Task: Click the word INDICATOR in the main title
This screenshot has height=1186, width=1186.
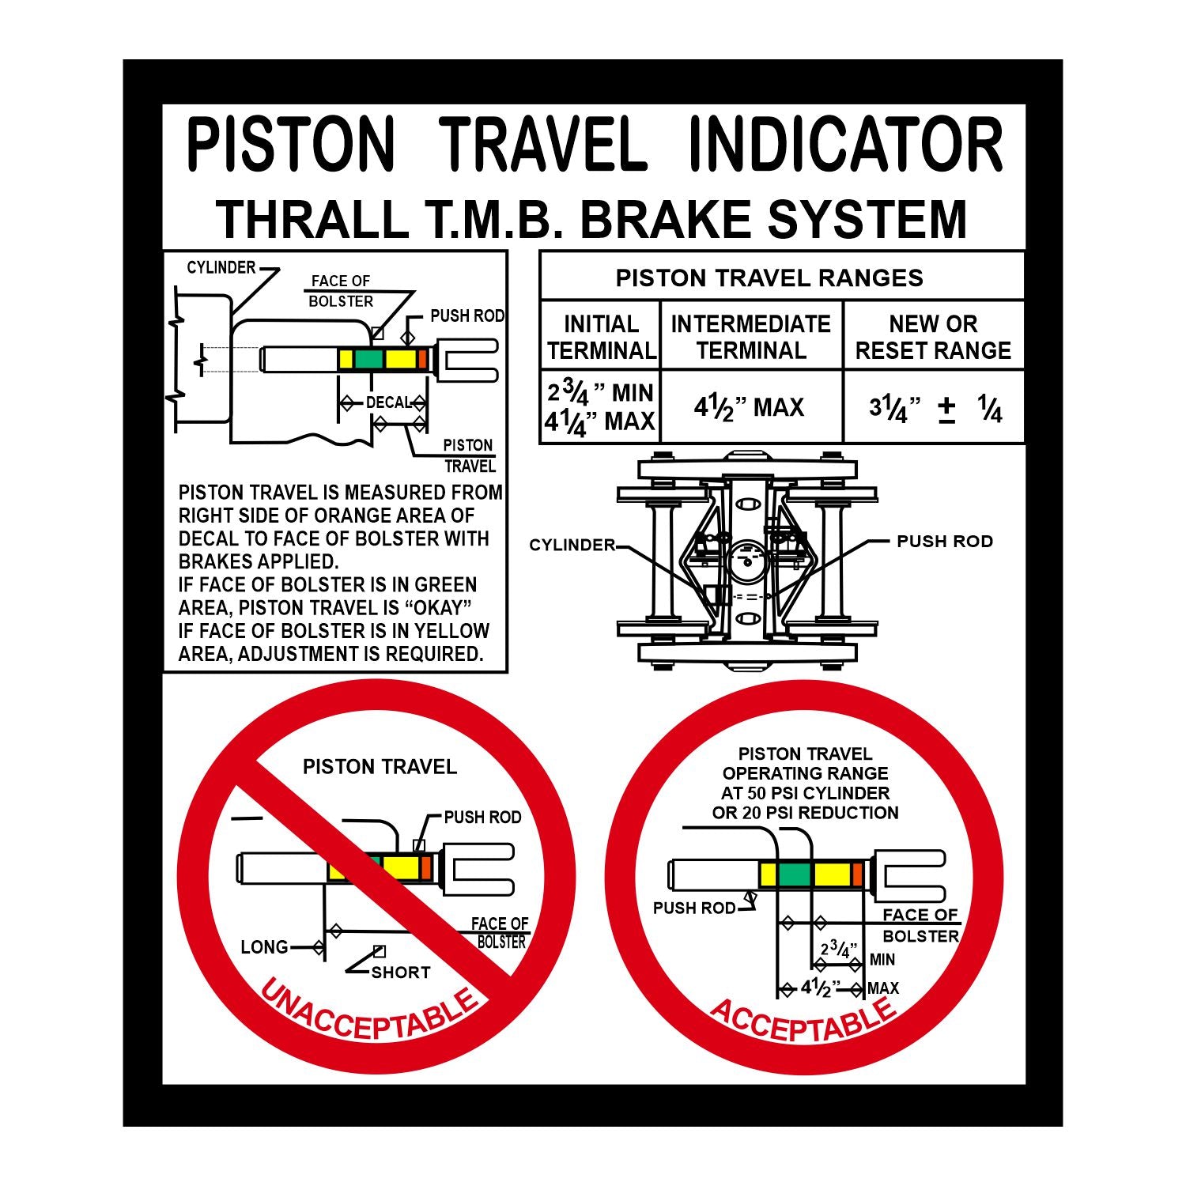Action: [846, 145]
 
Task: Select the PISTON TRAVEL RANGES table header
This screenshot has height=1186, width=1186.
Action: [769, 278]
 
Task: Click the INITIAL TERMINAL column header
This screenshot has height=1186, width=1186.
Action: [601, 337]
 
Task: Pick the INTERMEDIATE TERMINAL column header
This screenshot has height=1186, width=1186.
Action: [750, 337]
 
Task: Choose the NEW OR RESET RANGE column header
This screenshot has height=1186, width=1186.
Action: [933, 337]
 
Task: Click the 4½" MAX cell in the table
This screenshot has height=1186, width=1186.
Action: [749, 407]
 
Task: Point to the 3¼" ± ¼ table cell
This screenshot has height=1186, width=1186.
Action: [935, 409]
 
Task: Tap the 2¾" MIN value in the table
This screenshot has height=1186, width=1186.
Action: [600, 393]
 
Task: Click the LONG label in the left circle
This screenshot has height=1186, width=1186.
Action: [264, 947]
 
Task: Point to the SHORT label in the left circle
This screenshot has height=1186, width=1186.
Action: [400, 973]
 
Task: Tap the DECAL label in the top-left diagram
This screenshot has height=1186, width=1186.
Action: [387, 402]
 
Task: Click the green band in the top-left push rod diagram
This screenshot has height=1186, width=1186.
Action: [368, 358]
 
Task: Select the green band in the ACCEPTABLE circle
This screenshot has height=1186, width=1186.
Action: [794, 874]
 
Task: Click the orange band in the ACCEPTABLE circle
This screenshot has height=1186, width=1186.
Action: [857, 874]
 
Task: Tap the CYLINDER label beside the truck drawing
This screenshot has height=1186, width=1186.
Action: [572, 546]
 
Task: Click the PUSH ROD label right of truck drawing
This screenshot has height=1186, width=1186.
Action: [944, 542]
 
